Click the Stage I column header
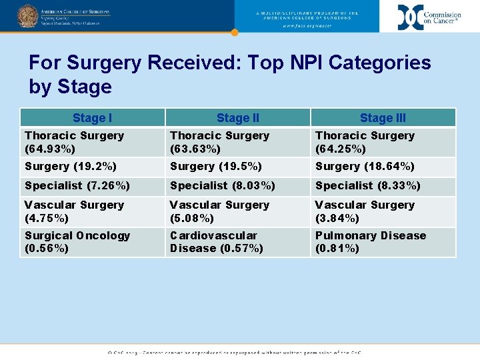[x=92, y=118]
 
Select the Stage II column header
[x=238, y=118]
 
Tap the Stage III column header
[x=383, y=118]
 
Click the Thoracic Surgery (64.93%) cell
[x=92, y=142]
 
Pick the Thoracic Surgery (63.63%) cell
[x=238, y=142]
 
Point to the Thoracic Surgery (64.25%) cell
[x=383, y=142]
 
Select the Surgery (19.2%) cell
[x=92, y=166]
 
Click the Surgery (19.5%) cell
[x=238, y=166]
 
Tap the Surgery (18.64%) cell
[x=383, y=166]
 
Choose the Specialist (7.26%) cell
[x=92, y=185]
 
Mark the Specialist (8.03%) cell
[x=238, y=185]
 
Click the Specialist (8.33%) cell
[x=383, y=185]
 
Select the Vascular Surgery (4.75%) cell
[x=92, y=211]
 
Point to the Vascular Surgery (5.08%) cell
[x=238, y=211]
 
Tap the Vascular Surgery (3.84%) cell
[x=383, y=211]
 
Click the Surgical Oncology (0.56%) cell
[x=92, y=242]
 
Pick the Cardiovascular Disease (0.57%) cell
[x=238, y=242]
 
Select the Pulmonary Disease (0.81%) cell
[x=383, y=242]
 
